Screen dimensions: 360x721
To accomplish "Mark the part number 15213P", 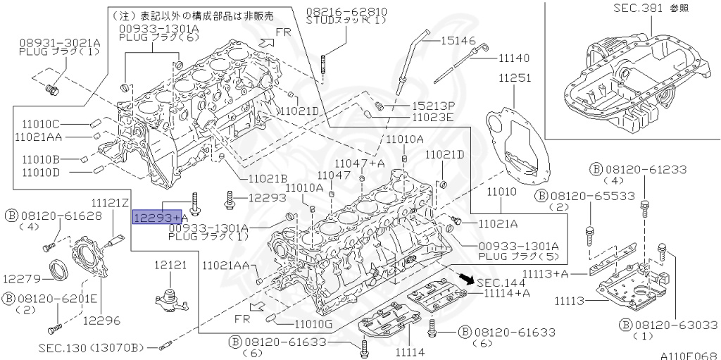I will (x=434, y=105).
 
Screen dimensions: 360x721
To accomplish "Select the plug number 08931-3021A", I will (x=59, y=43).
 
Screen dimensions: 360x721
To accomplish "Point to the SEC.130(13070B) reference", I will (x=91, y=347).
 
